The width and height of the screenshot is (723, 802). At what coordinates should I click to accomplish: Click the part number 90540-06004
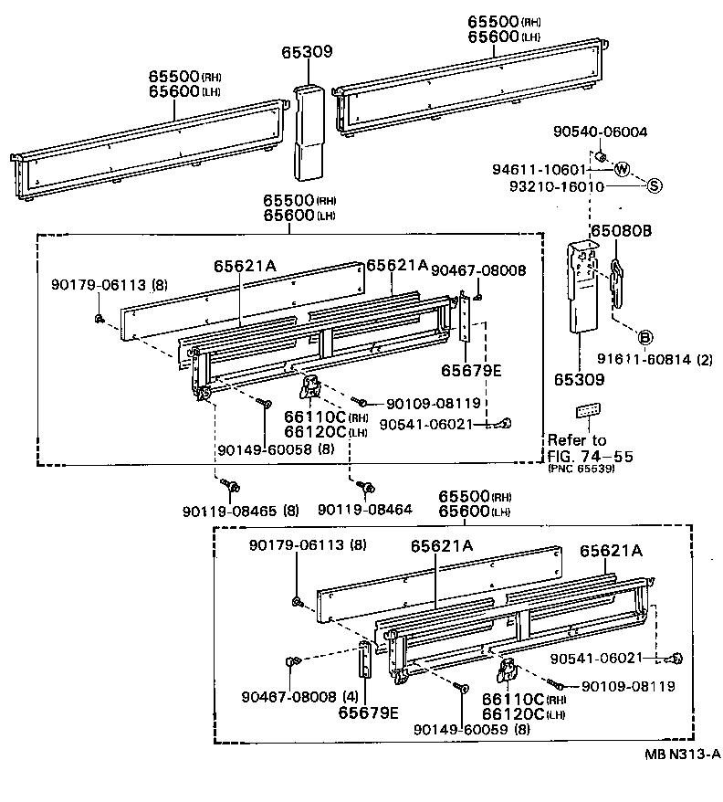pyautogui.click(x=600, y=132)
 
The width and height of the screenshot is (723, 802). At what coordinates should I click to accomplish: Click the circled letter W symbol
pyautogui.click(x=621, y=169)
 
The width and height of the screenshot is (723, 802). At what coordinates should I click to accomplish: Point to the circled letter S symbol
pyautogui.click(x=654, y=186)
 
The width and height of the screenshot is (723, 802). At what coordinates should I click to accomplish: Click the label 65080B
pyautogui.click(x=620, y=231)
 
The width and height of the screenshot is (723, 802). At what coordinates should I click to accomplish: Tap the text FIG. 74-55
pyautogui.click(x=590, y=455)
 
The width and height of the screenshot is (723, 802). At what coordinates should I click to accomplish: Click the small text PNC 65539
pyautogui.click(x=581, y=469)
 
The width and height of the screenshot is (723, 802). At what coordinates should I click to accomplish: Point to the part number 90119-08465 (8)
pyautogui.click(x=240, y=509)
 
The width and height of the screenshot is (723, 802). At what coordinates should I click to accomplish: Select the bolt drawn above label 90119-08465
pyautogui.click(x=235, y=485)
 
